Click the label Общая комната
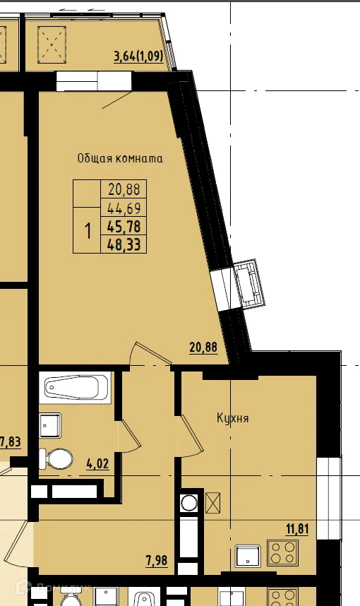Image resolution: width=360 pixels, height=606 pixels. click(x=120, y=158)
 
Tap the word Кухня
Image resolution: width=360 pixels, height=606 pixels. click(x=232, y=418)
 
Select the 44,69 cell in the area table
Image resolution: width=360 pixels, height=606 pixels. click(x=124, y=208)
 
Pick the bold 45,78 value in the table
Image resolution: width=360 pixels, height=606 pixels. click(x=124, y=227)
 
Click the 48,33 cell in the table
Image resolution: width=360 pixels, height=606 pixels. click(x=124, y=244)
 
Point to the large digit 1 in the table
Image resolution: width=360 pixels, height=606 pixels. click(x=88, y=230)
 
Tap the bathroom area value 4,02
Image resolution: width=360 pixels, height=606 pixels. click(x=97, y=465)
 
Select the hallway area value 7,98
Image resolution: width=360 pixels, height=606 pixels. click(x=157, y=562)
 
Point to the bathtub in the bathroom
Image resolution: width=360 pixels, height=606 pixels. click(x=76, y=388)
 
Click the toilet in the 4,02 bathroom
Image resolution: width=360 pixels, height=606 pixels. click(x=56, y=459)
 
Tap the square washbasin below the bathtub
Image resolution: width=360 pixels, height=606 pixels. click(x=50, y=425)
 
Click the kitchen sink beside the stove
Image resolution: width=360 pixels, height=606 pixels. click(x=248, y=556)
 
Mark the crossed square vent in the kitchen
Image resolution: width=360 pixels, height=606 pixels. click(x=213, y=503)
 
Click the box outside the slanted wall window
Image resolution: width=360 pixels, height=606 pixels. click(x=248, y=284)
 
